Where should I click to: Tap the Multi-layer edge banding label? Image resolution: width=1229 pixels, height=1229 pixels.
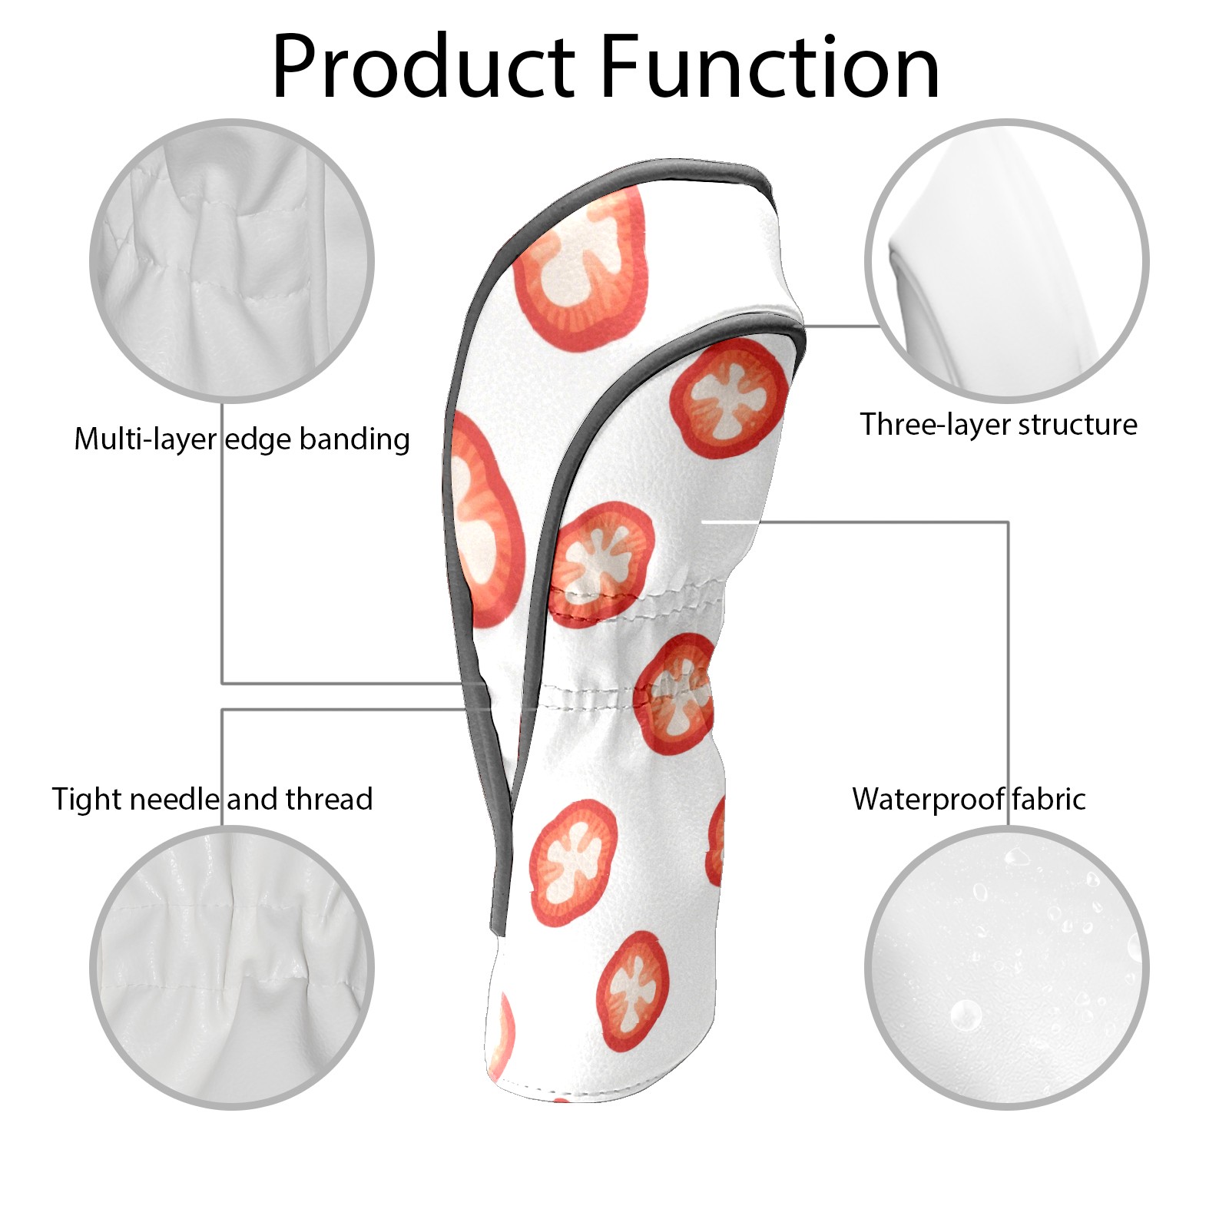pos(242,439)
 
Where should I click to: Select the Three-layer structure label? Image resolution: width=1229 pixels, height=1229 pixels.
pos(998,424)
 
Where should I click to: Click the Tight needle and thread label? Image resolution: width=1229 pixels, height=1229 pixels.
pos(212,799)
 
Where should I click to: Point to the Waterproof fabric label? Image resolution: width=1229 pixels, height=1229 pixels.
pos(969,799)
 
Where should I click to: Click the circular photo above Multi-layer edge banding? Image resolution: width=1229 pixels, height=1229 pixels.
pos(232,260)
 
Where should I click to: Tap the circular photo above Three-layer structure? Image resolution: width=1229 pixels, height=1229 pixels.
pos(1006,260)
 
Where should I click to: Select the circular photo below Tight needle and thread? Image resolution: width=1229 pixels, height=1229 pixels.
pos(232,968)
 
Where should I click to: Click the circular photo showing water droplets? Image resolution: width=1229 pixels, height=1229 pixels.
pos(1006,968)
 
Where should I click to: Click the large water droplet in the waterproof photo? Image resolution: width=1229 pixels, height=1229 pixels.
pos(966,1015)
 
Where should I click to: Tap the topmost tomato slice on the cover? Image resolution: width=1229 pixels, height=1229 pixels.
pos(581,265)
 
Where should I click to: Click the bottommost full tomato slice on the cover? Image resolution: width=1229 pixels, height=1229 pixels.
pos(633,991)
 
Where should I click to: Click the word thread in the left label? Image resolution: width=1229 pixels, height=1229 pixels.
pos(329,799)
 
